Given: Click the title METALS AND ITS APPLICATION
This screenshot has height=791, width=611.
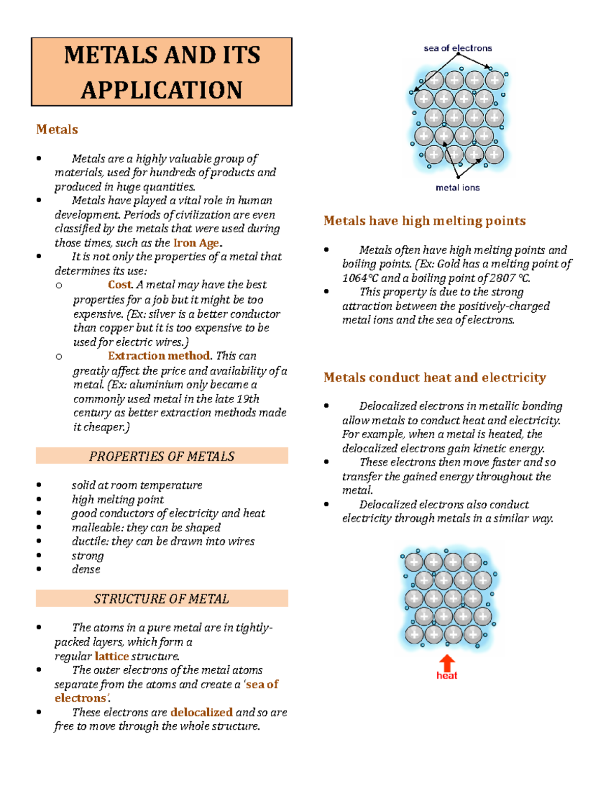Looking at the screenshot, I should (x=162, y=72).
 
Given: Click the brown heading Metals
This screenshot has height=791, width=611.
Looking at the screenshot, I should (x=57, y=129).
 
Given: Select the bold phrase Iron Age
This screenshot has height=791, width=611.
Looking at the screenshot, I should (x=196, y=243).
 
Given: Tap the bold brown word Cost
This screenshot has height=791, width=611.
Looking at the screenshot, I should (x=120, y=285).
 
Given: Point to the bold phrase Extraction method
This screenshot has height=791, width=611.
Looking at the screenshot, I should (x=159, y=356).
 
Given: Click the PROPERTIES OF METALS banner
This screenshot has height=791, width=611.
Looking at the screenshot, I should (x=162, y=456).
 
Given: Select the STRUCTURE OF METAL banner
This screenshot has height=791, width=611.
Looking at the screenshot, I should (x=162, y=598).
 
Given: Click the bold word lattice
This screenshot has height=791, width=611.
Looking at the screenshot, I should (x=112, y=656).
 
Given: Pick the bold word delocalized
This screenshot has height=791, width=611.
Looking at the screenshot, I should (x=202, y=712).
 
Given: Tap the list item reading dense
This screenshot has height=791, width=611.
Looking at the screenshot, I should (x=86, y=569).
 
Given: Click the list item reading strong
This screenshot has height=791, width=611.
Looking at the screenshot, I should (x=88, y=556).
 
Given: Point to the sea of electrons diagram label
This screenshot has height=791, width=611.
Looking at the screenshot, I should (x=458, y=48).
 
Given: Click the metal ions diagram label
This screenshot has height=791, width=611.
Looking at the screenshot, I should (x=458, y=187).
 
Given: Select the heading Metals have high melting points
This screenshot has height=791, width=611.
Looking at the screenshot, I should (x=425, y=221).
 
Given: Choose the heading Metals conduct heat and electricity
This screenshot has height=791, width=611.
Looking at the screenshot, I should (x=435, y=377).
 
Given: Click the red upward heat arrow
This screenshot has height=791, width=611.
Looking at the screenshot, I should (x=447, y=663).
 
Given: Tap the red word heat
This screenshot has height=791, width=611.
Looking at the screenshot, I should (x=447, y=676).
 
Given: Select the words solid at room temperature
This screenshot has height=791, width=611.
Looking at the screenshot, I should (x=137, y=485).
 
